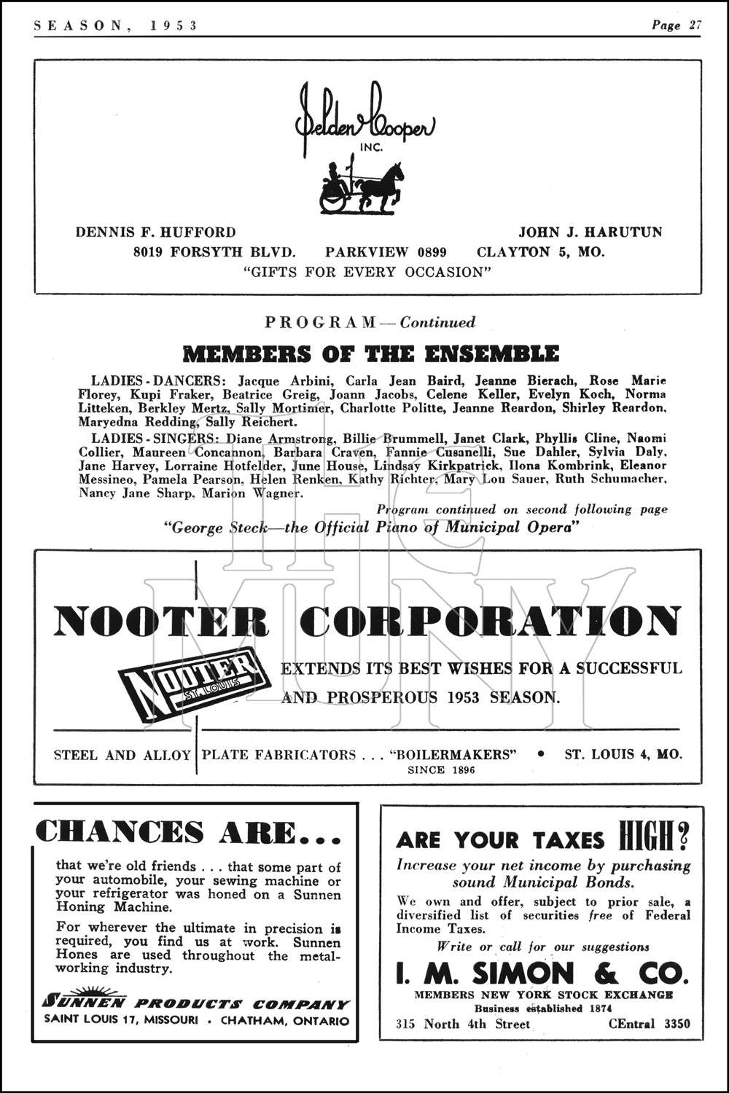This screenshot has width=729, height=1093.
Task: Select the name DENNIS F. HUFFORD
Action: tap(156, 232)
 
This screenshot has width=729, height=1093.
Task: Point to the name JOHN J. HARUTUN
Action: tap(590, 232)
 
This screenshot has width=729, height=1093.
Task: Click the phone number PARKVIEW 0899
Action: tap(386, 253)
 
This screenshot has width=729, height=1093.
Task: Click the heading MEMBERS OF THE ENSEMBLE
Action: tap(370, 354)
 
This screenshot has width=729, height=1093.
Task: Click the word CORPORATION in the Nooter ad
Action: tap(490, 622)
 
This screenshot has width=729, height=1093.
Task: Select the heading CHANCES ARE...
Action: tap(188, 832)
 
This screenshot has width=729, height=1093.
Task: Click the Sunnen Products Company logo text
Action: tap(196, 1003)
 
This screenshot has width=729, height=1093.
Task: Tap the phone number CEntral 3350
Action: tap(649, 1024)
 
